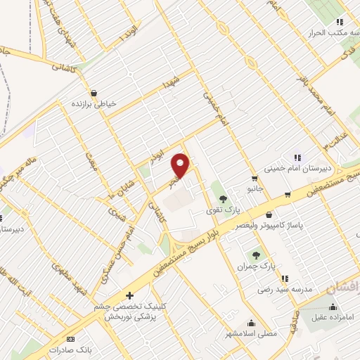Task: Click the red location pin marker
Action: tap(181, 166)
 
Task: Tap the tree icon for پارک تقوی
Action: tap(223, 199)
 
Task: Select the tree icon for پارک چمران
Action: tap(255, 256)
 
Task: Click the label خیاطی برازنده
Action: tap(91, 104)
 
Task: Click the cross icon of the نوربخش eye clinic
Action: tap(129, 296)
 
